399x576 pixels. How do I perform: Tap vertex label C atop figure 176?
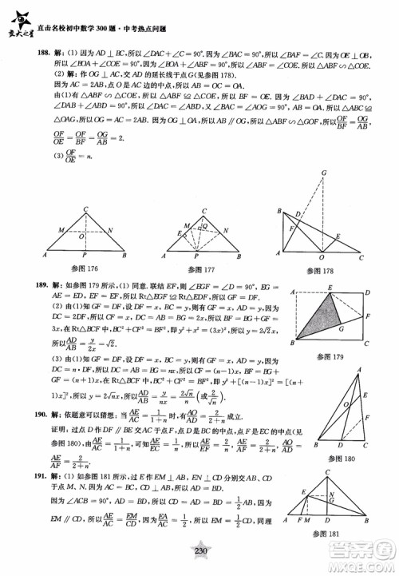85,209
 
